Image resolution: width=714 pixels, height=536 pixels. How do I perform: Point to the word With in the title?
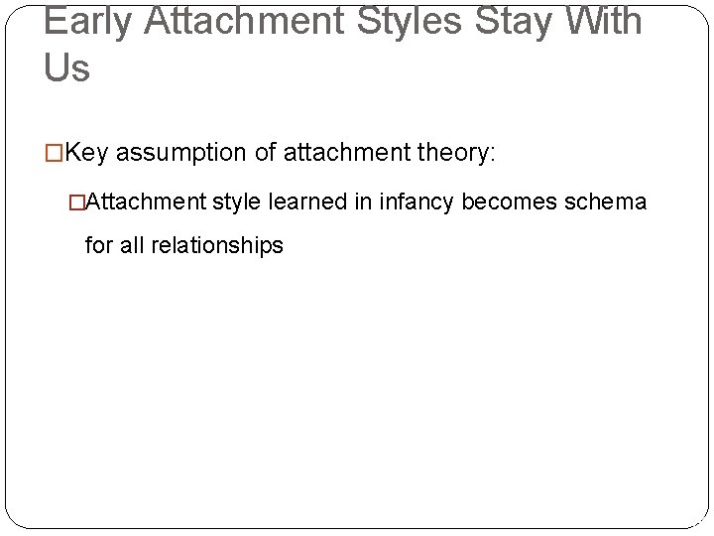[607, 21]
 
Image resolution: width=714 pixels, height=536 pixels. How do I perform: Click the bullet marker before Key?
[55, 154]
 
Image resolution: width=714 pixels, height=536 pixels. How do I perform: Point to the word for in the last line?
[99, 244]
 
